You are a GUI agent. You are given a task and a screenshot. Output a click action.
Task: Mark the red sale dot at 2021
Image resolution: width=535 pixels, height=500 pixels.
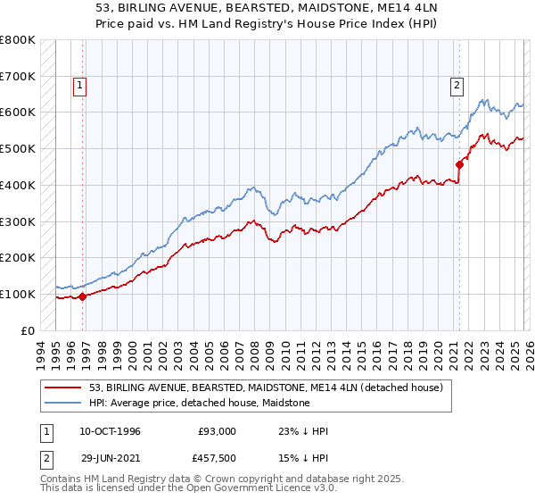(460, 164)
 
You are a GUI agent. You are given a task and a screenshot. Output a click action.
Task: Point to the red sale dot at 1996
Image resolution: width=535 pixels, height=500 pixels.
(83, 296)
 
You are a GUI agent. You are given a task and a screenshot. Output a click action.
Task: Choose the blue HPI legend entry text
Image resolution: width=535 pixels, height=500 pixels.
(199, 403)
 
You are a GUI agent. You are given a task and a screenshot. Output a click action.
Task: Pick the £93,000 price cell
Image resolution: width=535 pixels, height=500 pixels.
(218, 431)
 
